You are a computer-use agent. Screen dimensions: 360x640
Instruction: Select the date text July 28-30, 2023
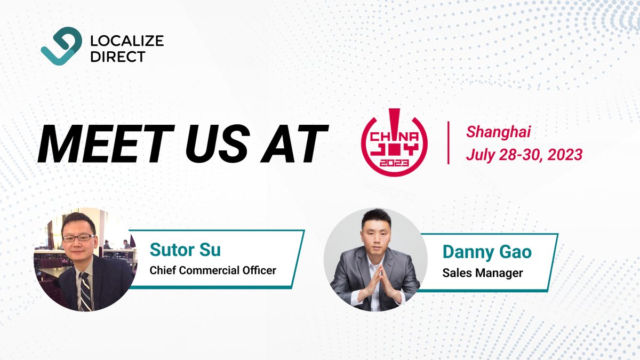pyautogui.click(x=524, y=155)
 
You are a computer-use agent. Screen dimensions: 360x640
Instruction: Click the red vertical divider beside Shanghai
pyautogui.click(x=448, y=142)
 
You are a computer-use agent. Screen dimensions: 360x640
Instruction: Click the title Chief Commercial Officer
pyautogui.click(x=213, y=270)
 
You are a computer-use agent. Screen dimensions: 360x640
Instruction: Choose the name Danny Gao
pyautogui.click(x=486, y=252)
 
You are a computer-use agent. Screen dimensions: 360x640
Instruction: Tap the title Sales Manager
pyautogui.click(x=483, y=273)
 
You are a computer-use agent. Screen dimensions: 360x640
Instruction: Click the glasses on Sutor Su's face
pyautogui.click(x=78, y=238)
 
